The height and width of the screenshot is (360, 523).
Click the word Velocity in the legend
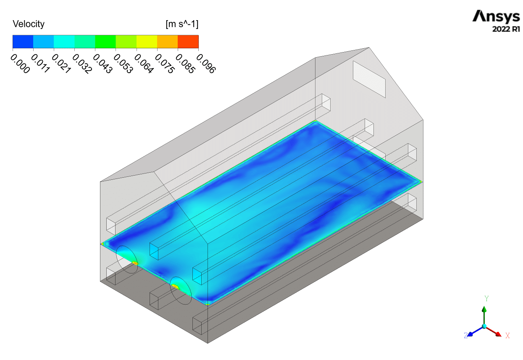pos(29,24)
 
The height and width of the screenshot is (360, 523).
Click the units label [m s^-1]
pos(182,24)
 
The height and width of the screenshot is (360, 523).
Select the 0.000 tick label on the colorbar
pos(20,63)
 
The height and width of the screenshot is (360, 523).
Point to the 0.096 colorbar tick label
pos(206,63)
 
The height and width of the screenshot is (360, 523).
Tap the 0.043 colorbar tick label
pos(103,63)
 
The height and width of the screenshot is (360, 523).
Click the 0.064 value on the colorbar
pos(144,63)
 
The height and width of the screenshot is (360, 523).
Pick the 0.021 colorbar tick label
pos(61,63)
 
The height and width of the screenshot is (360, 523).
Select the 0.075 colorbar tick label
pos(165,63)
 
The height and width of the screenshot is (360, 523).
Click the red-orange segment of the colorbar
pos(188,42)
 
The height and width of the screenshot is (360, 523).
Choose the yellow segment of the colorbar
pos(147,42)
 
